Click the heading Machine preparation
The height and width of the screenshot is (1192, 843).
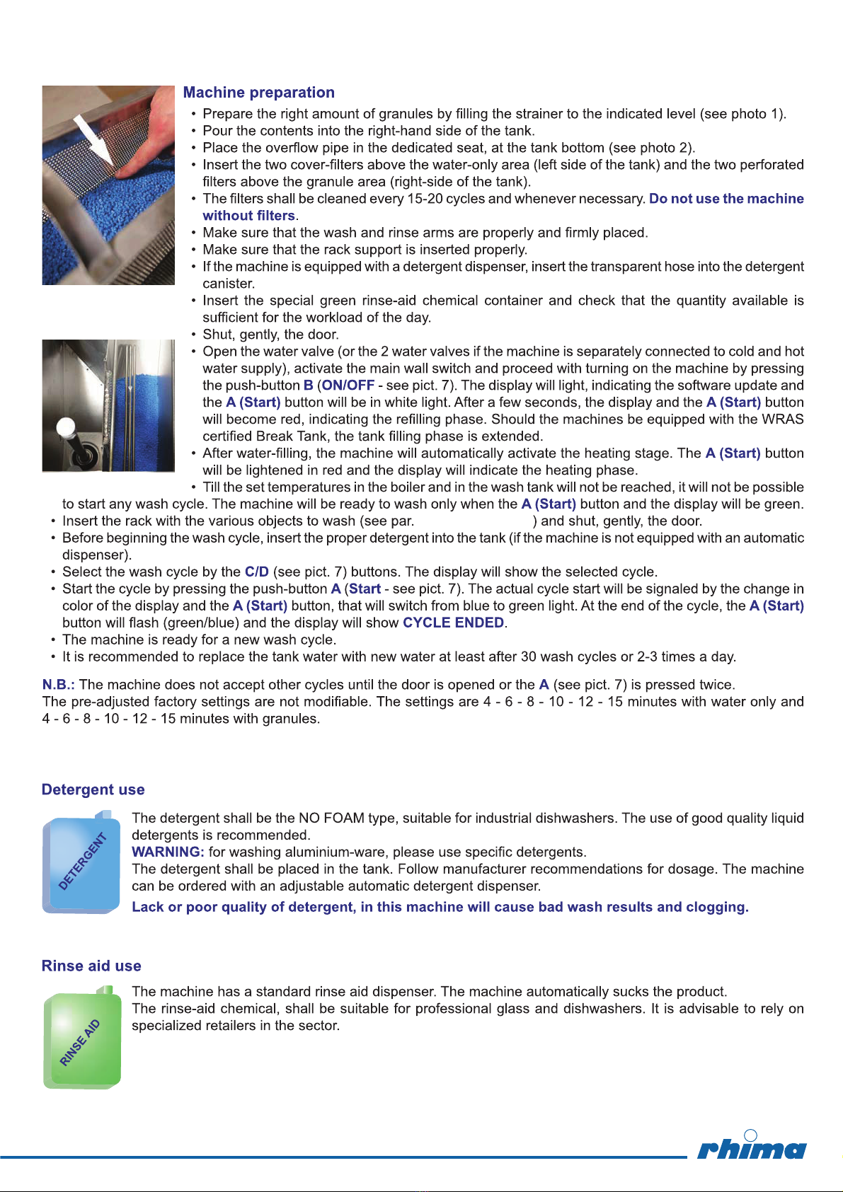click(258, 93)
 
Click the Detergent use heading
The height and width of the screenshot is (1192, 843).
click(93, 789)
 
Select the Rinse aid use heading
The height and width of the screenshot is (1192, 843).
click(91, 966)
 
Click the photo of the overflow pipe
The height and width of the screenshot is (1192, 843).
click(108, 405)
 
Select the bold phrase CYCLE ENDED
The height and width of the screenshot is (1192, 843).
click(453, 623)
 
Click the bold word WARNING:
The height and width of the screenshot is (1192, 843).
click(168, 852)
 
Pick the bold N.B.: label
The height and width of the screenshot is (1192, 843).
click(59, 685)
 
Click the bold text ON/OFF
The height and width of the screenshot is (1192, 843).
click(348, 386)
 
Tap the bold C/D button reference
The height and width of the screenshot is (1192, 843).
click(257, 572)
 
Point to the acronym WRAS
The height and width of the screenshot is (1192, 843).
click(783, 419)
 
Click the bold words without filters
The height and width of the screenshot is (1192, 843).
click(248, 216)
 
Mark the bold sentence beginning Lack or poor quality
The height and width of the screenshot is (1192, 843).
click(440, 907)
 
